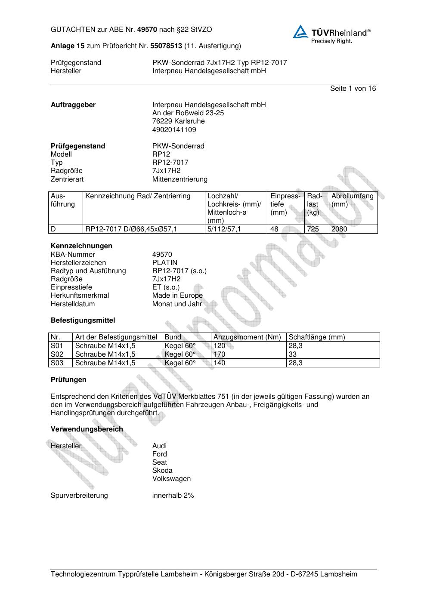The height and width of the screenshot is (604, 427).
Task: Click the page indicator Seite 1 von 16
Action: click(353, 89)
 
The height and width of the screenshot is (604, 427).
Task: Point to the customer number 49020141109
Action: click(174, 129)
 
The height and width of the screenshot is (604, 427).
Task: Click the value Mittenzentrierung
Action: click(179, 179)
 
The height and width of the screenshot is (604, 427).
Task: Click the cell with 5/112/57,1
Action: click(224, 229)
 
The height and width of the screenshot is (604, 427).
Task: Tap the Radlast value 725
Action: click(313, 229)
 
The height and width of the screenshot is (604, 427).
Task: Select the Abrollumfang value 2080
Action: click(339, 229)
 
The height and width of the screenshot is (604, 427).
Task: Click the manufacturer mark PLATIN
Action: click(164, 263)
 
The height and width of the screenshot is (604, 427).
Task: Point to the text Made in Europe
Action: click(177, 296)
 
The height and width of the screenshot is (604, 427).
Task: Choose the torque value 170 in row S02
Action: click(219, 354)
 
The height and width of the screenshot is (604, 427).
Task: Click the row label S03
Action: click(57, 363)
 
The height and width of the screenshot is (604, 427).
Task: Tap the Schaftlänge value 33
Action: click(293, 354)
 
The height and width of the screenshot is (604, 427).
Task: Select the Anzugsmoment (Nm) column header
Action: click(247, 337)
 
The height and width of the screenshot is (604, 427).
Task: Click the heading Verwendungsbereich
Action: click(87, 429)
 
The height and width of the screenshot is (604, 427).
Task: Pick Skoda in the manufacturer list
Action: click(162, 471)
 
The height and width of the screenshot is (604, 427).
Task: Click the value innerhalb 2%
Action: click(173, 496)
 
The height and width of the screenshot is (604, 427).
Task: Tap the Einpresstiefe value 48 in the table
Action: click(275, 229)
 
